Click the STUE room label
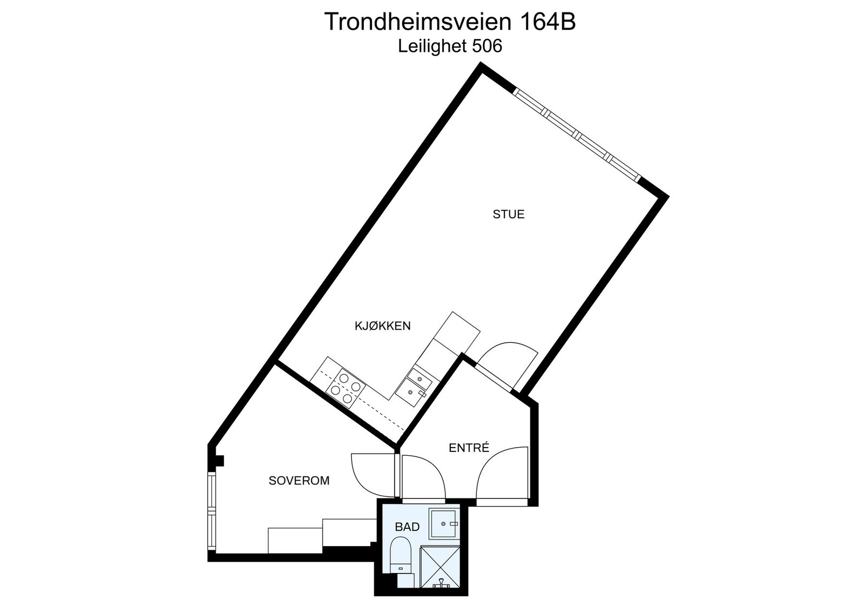(x=508, y=214)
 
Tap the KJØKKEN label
(x=382, y=325)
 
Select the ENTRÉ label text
(x=469, y=448)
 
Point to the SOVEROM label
(x=299, y=481)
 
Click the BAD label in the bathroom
(x=407, y=527)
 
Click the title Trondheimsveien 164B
(x=449, y=22)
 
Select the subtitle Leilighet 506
(x=450, y=46)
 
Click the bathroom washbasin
(x=444, y=523)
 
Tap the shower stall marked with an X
(x=440, y=567)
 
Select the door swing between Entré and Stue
(x=508, y=362)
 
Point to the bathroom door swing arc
(x=423, y=476)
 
